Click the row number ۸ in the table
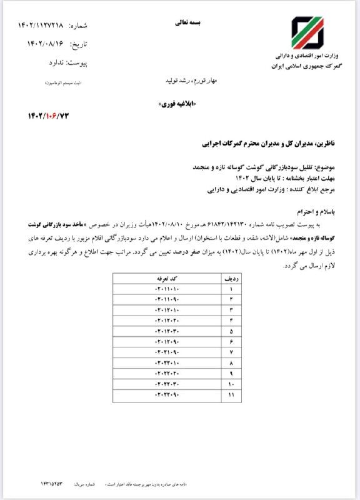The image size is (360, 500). click(231, 362)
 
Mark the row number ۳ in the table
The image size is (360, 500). click(231, 311)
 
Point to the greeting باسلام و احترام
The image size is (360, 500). click(313, 212)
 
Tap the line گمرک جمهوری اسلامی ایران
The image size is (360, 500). click(304, 66)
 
